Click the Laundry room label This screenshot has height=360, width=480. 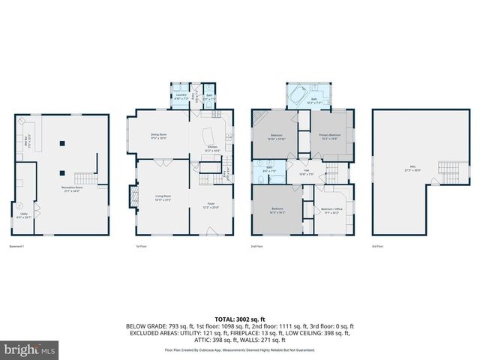(181, 96)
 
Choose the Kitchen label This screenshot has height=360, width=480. (212, 149)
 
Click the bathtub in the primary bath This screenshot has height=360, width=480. (297, 97)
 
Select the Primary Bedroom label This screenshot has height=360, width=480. (330, 136)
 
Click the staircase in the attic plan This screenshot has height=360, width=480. (447, 168)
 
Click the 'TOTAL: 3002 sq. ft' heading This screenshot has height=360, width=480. (240, 318)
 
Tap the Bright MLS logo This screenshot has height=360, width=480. (29, 350)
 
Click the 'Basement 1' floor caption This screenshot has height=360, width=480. (16, 247)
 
